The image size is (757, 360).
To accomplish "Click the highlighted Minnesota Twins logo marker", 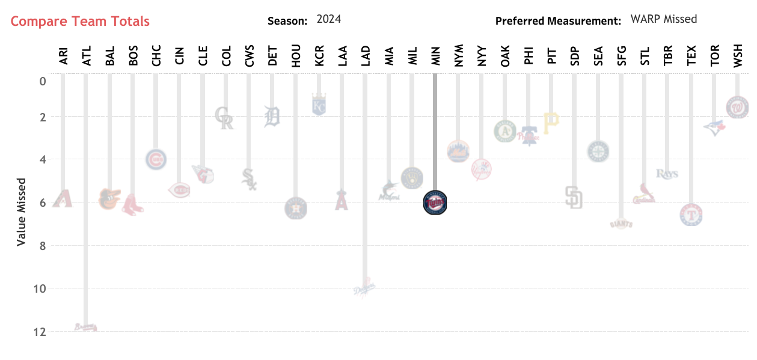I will (x=435, y=202).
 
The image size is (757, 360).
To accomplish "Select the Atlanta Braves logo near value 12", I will (x=86, y=328).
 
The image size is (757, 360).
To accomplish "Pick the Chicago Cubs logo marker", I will (x=156, y=159).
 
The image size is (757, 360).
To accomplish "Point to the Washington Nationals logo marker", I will (x=737, y=107).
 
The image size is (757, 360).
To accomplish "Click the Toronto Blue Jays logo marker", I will (x=714, y=127).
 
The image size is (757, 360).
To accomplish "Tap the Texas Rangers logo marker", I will (x=691, y=215).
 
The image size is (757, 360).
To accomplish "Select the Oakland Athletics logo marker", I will (x=504, y=131).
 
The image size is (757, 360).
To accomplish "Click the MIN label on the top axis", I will (x=435, y=56).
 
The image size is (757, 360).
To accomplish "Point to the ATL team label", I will (x=87, y=56).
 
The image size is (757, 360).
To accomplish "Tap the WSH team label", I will (x=737, y=56).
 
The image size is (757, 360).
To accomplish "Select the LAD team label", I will (x=365, y=56).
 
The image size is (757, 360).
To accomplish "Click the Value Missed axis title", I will (x=22, y=211).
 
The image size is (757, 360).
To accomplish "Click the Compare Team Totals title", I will (x=80, y=22).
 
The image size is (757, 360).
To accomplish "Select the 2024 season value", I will (x=329, y=19).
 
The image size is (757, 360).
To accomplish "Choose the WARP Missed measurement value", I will (x=664, y=19).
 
